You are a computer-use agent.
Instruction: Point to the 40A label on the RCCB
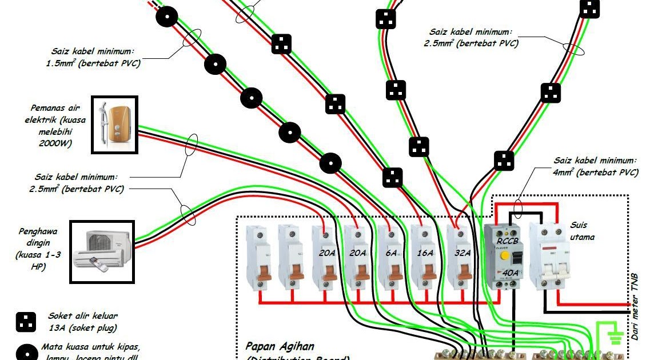tap(510, 274)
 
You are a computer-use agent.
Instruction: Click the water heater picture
tap(115, 125)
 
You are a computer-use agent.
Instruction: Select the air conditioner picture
tap(102, 251)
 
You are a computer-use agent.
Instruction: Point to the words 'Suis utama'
tap(583, 230)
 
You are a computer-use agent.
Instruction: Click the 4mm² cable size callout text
tap(595, 166)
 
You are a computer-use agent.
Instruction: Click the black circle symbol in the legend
tap(23, 352)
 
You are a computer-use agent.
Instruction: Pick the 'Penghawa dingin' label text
tap(37, 249)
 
